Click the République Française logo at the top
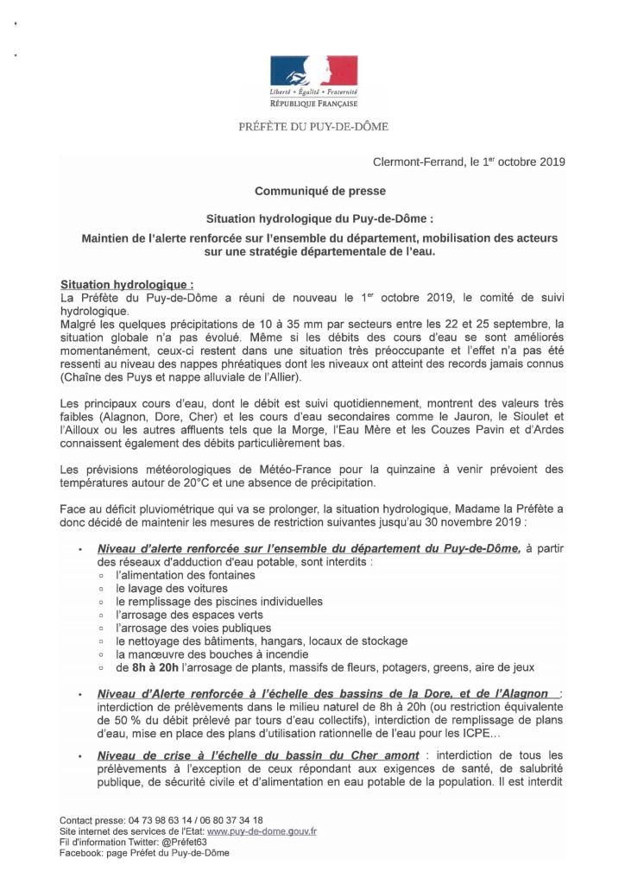point(313,80)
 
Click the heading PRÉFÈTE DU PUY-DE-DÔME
point(312,127)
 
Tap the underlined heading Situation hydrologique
point(127,284)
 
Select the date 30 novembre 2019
point(481,521)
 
